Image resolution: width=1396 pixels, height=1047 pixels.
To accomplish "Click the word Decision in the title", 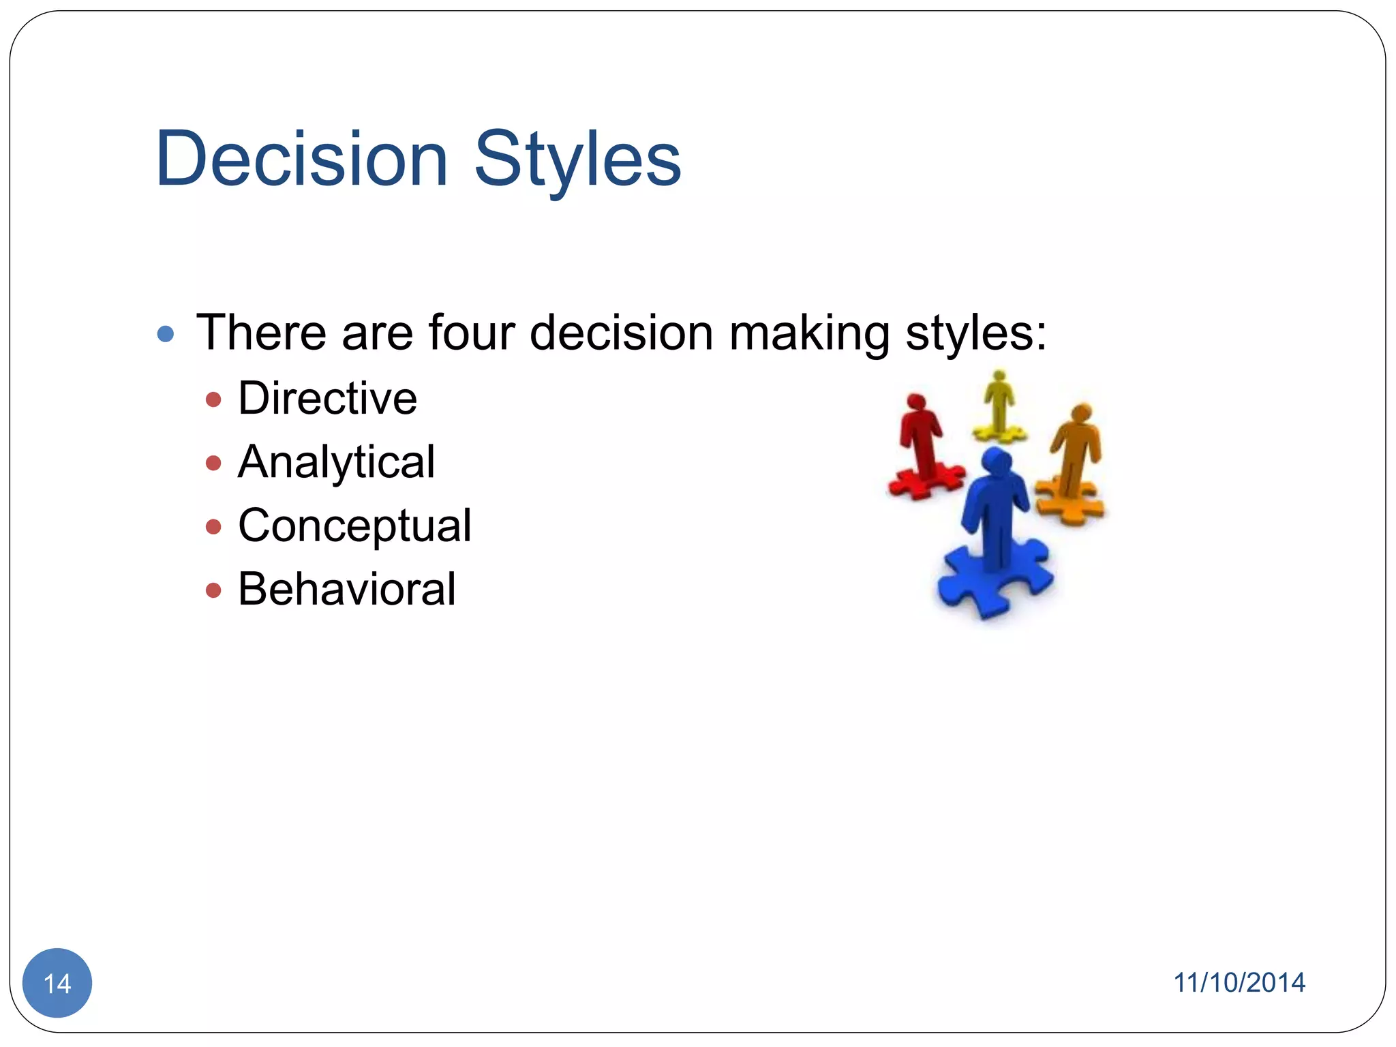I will [x=301, y=160].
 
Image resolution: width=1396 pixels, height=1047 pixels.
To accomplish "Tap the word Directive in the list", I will [x=327, y=398].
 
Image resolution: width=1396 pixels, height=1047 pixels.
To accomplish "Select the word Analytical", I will [x=336, y=462].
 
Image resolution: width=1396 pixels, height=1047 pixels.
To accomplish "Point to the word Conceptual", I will [x=354, y=526].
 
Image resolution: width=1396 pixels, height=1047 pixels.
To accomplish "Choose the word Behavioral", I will [x=346, y=589].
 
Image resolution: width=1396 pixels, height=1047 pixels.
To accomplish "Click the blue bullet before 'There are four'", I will [x=165, y=334].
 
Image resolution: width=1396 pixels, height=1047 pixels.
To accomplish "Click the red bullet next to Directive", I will [x=213, y=399].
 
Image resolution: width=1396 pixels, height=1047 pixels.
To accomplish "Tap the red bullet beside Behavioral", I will [x=213, y=590].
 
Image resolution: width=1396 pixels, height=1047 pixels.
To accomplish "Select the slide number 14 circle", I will [x=57, y=983].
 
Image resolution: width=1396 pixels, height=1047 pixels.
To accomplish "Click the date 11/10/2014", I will [x=1239, y=983].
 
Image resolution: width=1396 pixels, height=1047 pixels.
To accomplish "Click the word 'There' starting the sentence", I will [x=261, y=333].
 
